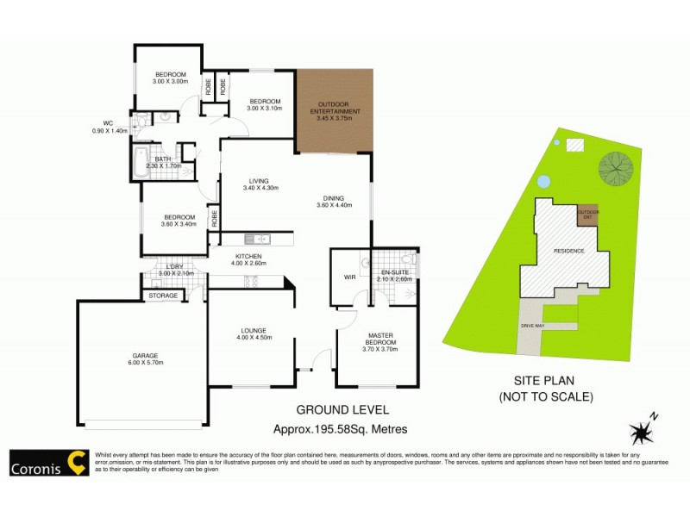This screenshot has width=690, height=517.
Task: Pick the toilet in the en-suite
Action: (411, 259)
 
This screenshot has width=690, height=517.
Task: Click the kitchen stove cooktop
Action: (253, 279)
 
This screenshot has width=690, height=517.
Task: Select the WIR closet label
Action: (349, 277)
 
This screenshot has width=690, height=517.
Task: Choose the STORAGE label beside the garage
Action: (163, 296)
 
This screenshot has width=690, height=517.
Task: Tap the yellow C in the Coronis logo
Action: (77, 464)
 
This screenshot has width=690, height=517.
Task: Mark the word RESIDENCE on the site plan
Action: (569, 251)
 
